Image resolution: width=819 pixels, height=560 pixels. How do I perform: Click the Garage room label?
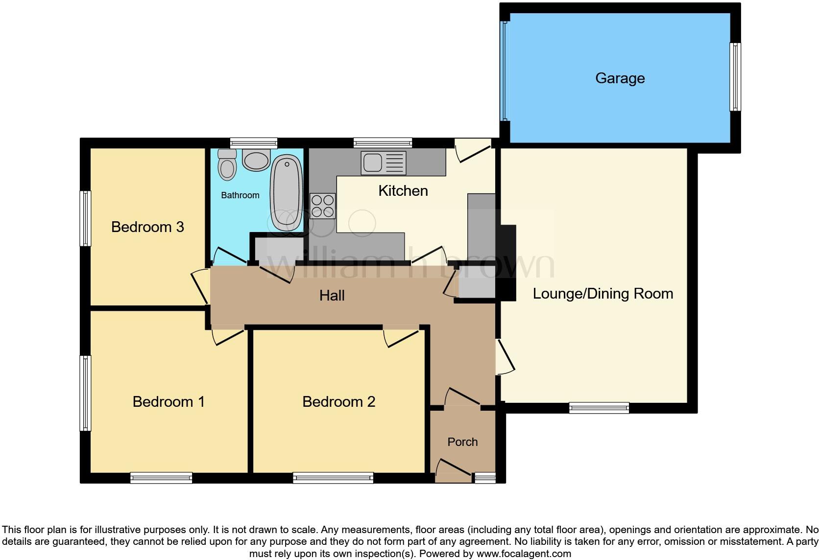620,78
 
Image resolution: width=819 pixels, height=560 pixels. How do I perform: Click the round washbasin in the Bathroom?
256,160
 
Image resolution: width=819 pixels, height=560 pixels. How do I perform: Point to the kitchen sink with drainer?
384,163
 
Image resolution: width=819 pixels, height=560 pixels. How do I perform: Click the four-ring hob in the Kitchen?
323,206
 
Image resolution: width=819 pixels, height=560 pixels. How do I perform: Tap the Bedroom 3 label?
147,227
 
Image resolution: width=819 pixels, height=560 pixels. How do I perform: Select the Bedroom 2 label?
338,402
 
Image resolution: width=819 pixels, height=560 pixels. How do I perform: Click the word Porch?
462,442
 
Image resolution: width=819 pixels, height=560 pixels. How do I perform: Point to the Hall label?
332,296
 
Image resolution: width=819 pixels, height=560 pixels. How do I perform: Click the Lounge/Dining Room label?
602,294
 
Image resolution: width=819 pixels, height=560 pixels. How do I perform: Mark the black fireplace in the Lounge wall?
507,262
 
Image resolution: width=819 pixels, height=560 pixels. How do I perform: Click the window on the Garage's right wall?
735,77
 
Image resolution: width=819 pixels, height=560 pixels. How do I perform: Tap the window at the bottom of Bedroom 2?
333,478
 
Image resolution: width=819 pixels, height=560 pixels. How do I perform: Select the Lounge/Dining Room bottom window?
599,408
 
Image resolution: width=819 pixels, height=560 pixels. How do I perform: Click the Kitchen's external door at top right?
472,149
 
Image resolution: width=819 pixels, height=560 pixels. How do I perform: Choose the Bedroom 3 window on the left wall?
86,218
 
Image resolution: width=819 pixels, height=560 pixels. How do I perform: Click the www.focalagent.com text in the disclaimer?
524,554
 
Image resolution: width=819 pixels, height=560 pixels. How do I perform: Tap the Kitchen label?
403,191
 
